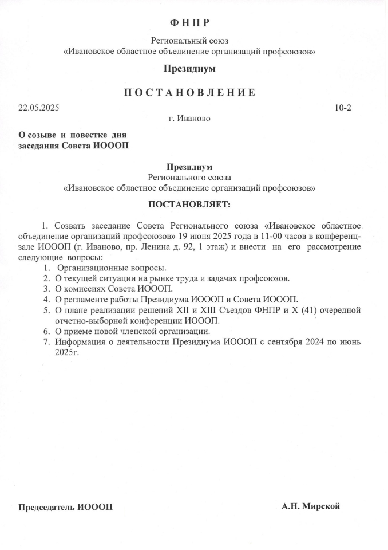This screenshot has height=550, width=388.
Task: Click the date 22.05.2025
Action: coord(38,108)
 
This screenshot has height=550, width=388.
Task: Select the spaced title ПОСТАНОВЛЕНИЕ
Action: coord(189,93)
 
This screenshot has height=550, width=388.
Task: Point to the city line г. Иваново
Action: coord(189,119)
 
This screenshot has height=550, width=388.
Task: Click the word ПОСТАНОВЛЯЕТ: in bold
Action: coord(189,203)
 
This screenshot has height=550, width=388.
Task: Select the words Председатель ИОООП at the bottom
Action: coord(66,508)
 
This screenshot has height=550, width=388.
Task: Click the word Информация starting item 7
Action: coord(81,342)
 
